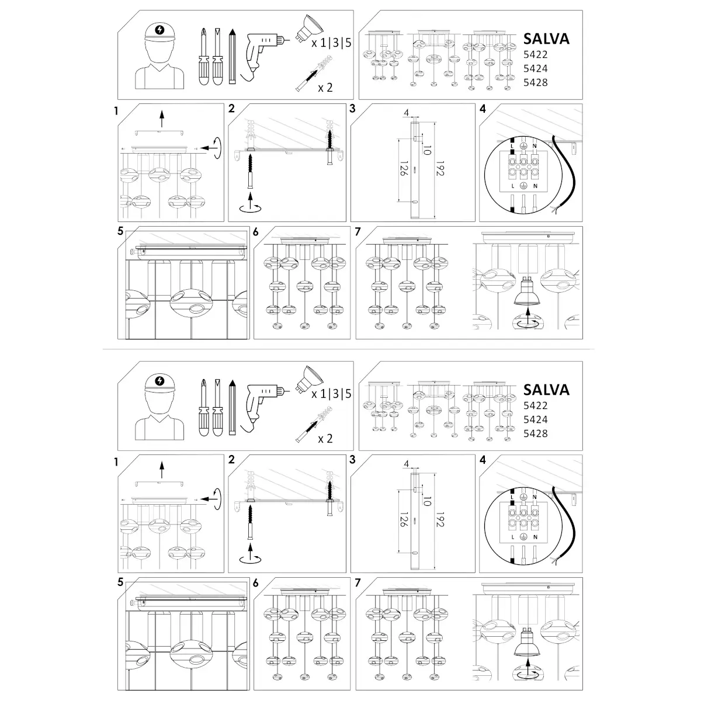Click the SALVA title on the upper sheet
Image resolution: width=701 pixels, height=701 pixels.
[x=546, y=39]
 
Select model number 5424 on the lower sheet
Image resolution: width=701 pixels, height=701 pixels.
[x=535, y=419]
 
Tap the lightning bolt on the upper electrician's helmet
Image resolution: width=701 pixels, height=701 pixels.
[x=159, y=30]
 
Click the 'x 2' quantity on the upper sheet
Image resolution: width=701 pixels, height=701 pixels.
[x=325, y=88]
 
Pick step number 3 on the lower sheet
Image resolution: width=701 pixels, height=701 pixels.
[x=352, y=460]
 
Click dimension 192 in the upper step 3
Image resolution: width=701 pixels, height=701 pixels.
[x=440, y=168]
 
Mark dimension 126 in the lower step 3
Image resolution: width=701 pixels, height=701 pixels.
[x=404, y=519]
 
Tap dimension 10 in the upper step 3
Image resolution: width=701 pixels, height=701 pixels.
[x=428, y=150]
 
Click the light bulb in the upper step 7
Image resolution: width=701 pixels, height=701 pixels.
[x=528, y=291]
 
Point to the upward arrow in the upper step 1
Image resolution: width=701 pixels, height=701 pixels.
[x=162, y=119]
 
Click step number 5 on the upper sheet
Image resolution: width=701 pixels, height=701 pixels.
[x=120, y=231]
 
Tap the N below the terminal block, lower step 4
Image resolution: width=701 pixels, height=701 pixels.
[x=535, y=537]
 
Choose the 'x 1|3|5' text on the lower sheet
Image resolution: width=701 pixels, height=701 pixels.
[x=331, y=394]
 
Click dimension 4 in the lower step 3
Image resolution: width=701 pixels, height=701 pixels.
[x=407, y=464]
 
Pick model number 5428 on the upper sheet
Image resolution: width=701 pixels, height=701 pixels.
[x=535, y=82]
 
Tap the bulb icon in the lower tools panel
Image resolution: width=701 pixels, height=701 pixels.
[x=309, y=379]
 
